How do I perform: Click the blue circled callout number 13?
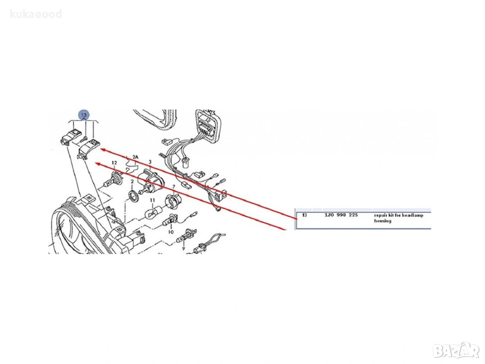tap(84, 115)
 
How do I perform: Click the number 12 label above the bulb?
tap(114, 163)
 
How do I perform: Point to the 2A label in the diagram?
tap(135, 156)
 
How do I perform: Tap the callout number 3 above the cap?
tap(150, 162)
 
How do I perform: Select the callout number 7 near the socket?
tap(174, 187)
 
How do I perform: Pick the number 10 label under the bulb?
tap(171, 232)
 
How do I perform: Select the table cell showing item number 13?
tap(305, 215)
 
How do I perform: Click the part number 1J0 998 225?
tap(341, 215)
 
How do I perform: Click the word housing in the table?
tap(383, 221)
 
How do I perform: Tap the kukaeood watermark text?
tap(36, 14)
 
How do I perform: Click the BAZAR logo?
tap(457, 351)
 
